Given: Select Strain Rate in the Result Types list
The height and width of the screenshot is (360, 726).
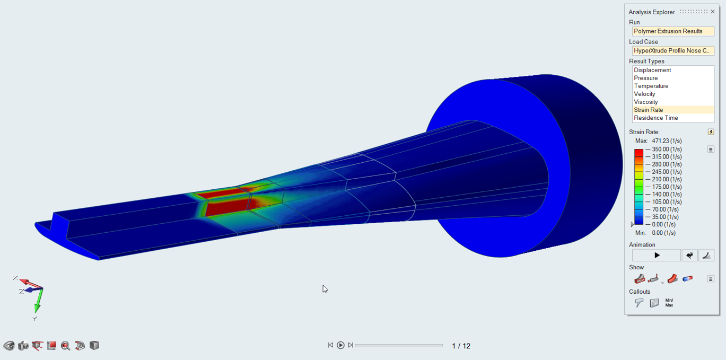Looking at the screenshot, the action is pos(648,110).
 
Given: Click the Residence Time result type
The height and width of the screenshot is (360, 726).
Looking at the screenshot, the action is pos(655,118).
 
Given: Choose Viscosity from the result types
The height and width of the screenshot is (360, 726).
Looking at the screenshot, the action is pos(645,102).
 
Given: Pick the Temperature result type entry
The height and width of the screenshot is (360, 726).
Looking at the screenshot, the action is pos(651,86).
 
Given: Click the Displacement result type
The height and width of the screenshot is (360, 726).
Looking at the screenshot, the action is pos(652,71).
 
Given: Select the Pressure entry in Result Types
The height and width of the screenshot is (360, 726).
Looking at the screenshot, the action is pos(645,78).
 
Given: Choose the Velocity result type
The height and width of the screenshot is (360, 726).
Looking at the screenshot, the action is pos(644,94).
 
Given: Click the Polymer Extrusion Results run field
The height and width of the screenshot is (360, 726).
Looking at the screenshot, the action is pos(673,31).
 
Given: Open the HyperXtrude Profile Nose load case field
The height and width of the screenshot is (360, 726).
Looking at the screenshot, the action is pos(673,50).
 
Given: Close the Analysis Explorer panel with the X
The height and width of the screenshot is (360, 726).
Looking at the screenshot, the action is pos(713,12).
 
